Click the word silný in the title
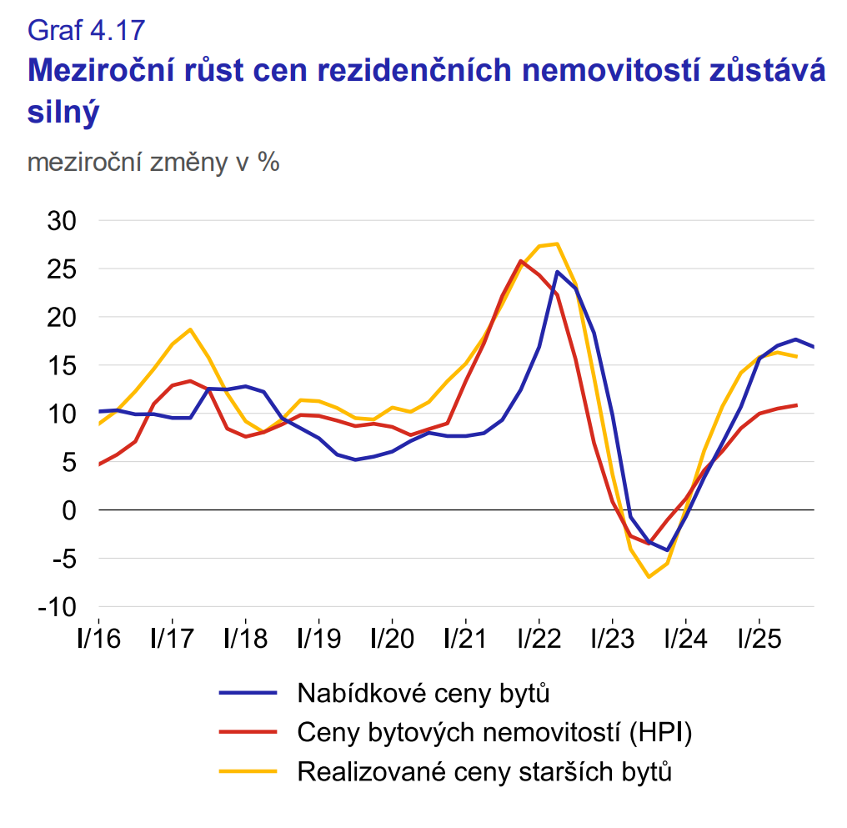[63, 113]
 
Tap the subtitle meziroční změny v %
[153, 162]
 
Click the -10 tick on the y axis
[56, 606]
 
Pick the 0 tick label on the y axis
[70, 509]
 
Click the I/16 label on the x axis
[98, 640]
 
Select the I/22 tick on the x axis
[539, 640]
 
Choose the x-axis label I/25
[759, 640]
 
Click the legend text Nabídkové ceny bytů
[423, 692]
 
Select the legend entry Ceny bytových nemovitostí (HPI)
[495, 732]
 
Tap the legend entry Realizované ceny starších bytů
[484, 771]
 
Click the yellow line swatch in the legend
[248, 771]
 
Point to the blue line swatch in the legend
[248, 692]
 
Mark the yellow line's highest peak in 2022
[557, 243]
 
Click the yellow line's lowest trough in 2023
[649, 577]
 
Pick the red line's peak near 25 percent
[521, 261]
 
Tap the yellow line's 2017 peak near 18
[190, 329]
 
